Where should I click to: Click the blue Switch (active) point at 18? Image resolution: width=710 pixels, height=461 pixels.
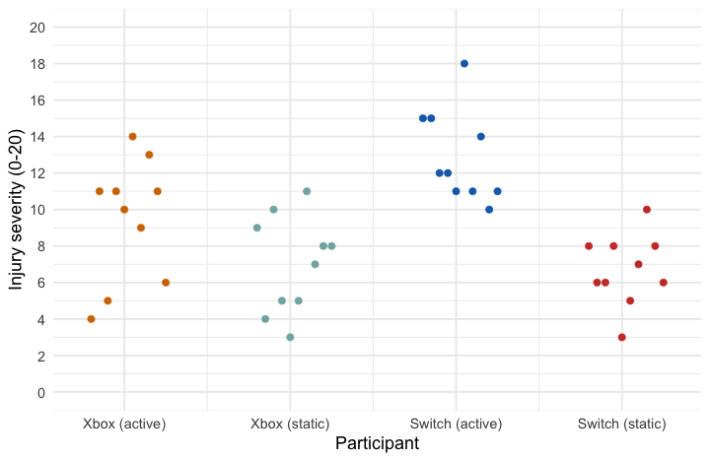(x=464, y=64)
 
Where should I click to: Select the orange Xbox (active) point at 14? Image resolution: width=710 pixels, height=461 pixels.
(x=132, y=137)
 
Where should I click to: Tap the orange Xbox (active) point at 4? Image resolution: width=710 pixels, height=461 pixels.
(x=91, y=319)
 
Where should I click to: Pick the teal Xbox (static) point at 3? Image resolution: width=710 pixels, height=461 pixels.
(x=290, y=337)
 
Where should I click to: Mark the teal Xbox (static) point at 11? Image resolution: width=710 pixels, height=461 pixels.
(x=307, y=191)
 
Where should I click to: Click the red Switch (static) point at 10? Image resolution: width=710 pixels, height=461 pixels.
(x=647, y=210)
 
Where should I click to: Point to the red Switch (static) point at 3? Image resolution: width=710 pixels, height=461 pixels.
(x=622, y=337)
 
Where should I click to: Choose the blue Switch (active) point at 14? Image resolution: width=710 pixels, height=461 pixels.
(x=481, y=137)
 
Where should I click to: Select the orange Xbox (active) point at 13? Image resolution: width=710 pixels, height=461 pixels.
(x=149, y=155)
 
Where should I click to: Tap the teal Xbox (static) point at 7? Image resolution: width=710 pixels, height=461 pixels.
(x=316, y=264)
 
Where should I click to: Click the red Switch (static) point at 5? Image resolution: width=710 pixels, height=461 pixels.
(x=630, y=300)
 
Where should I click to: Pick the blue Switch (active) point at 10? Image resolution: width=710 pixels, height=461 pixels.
(x=489, y=210)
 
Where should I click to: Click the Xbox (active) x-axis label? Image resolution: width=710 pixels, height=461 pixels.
(x=124, y=424)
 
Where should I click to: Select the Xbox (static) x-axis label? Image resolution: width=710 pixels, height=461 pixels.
(x=290, y=424)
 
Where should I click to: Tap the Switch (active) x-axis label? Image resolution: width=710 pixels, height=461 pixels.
(x=456, y=424)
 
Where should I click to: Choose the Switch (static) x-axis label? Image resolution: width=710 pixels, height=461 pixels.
(x=621, y=424)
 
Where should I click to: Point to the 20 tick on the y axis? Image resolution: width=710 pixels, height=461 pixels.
(x=37, y=28)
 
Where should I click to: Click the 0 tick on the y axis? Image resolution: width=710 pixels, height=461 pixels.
(x=40, y=392)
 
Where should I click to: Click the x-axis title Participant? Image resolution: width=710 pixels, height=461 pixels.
(x=377, y=444)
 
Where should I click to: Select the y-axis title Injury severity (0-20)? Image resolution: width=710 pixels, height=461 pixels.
(x=16, y=210)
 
